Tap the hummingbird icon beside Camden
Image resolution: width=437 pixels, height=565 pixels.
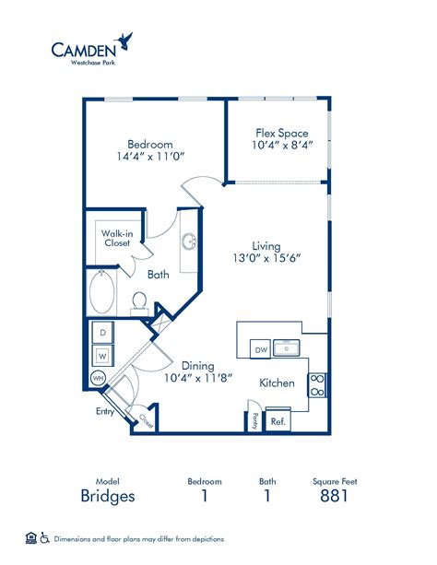click(126, 40)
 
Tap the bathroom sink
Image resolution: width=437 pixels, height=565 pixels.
click(188, 242)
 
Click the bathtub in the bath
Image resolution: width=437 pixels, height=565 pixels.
click(102, 294)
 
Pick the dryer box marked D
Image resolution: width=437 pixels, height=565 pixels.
click(103, 332)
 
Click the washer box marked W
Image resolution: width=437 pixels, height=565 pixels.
click(103, 353)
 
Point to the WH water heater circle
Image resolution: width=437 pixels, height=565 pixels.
click(98, 378)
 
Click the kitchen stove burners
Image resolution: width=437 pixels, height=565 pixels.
click(317, 384)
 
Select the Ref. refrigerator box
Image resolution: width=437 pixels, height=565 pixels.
click(277, 421)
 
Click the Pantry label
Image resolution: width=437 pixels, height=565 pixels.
click(254, 420)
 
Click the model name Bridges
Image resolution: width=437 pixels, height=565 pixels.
click(109, 496)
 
